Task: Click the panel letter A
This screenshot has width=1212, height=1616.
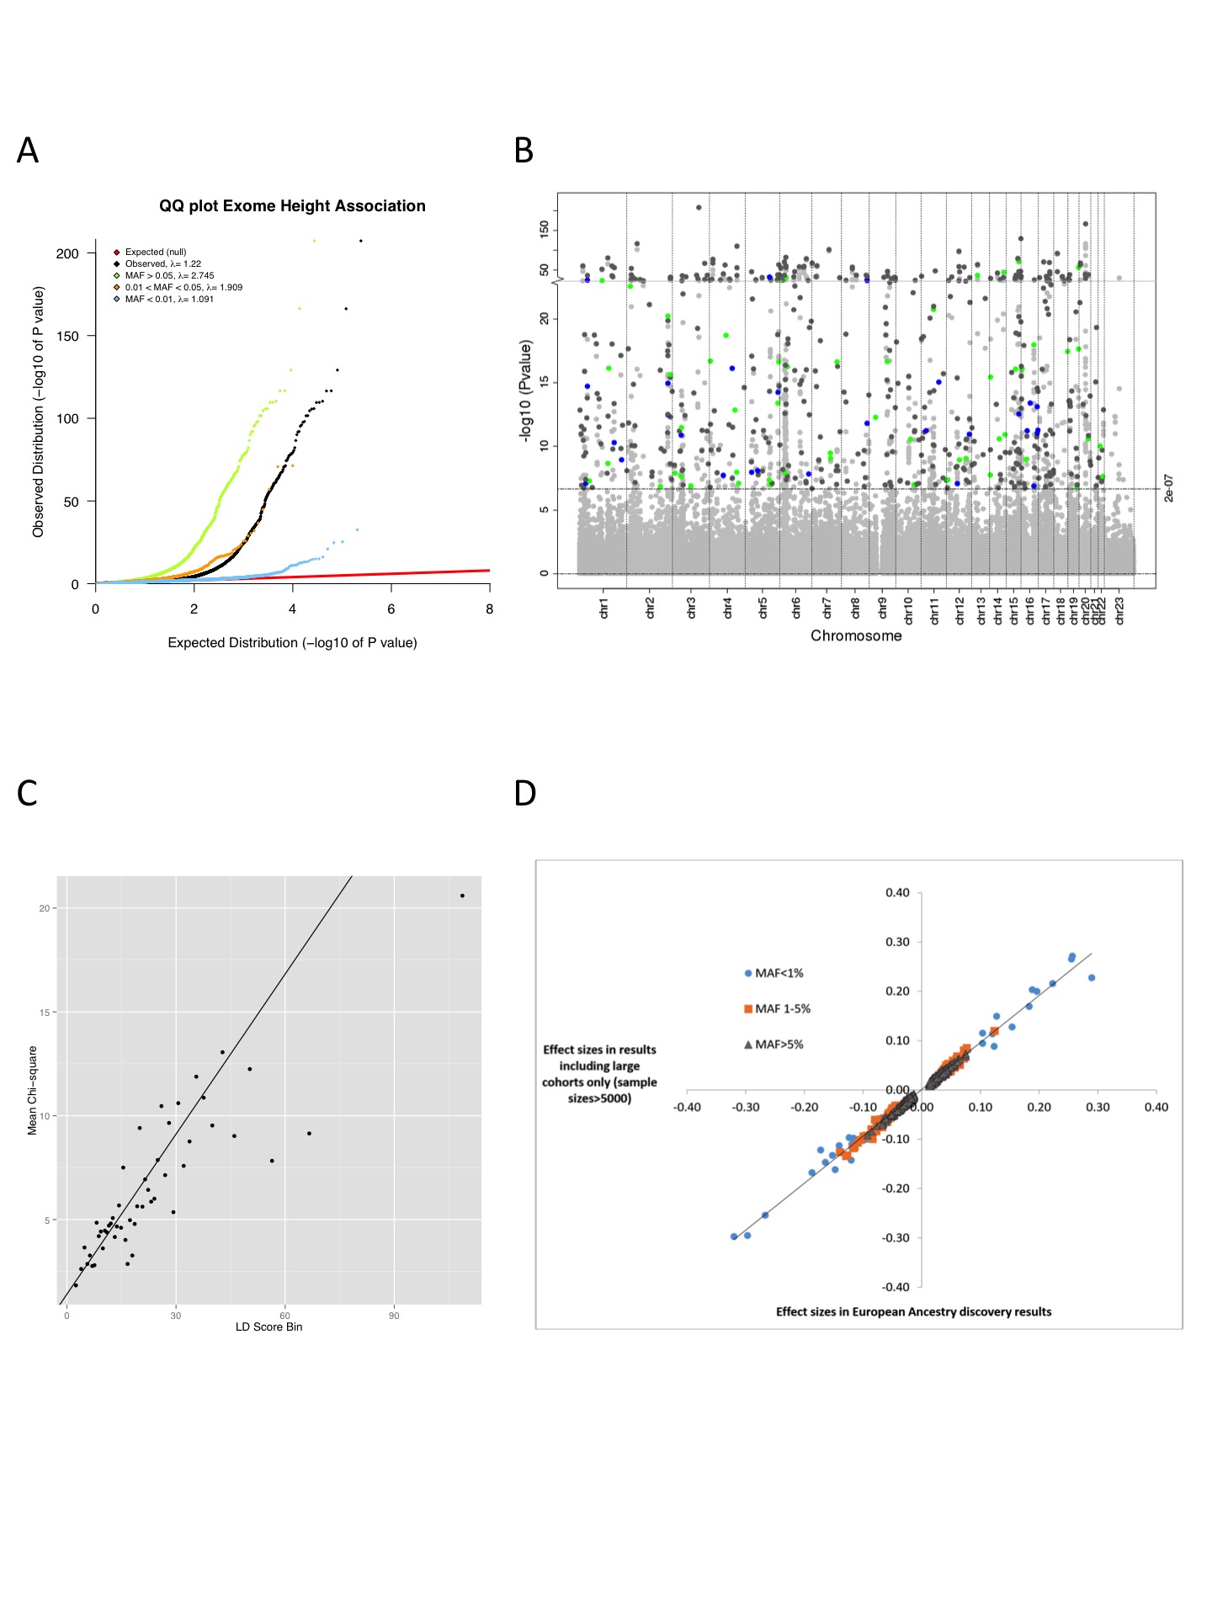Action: point(28,151)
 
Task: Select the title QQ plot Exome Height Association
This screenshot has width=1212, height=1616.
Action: point(292,206)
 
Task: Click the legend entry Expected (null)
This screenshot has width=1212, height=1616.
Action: point(156,252)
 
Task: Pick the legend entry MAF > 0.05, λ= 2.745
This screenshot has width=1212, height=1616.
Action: point(169,275)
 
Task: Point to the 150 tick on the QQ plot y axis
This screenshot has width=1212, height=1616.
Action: point(67,336)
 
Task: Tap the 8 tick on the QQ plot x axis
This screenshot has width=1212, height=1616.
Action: point(489,609)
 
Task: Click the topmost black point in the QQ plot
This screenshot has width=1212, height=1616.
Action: point(361,241)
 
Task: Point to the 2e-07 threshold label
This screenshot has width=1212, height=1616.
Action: point(1169,488)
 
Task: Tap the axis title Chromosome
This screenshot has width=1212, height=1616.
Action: point(856,635)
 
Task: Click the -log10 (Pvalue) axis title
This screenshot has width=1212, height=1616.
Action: point(526,390)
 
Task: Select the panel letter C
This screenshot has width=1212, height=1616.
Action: point(27,793)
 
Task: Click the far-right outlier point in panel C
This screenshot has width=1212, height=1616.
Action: point(462,896)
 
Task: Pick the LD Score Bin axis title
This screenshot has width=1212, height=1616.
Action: point(268,1326)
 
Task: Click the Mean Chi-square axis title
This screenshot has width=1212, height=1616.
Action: point(32,1090)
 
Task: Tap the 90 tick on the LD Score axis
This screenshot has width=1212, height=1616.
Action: point(394,1316)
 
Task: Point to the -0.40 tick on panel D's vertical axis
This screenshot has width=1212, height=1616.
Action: point(896,1287)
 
